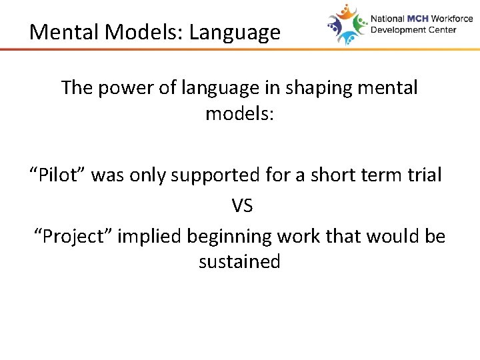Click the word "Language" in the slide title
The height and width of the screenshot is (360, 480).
[x=235, y=32]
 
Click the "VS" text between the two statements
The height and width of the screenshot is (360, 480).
[x=242, y=206]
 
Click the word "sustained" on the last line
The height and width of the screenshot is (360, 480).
[x=239, y=262]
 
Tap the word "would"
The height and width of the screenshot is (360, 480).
[x=393, y=237]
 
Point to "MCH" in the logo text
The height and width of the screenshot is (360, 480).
[x=418, y=19]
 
